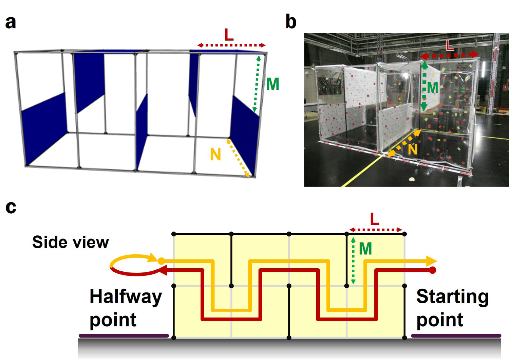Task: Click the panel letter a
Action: pos(11,22)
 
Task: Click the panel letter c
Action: pos(11,207)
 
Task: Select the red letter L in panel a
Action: pos(229,35)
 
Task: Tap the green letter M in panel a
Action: pos(272,84)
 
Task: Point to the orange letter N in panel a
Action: pos(215,155)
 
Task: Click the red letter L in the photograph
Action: pos(450,46)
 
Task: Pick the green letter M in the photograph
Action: pos(432,88)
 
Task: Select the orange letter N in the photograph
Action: pos(412,149)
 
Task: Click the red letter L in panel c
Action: pos(375,220)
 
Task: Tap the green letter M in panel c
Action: pos(365,249)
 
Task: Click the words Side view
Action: pos(71,242)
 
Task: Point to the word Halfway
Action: pos(126,297)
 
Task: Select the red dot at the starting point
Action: pos(432,270)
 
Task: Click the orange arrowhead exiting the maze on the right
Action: pos(432,261)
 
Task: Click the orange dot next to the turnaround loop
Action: pos(162,261)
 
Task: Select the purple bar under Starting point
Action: pos(456,336)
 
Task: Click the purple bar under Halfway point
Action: pos(124,336)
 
